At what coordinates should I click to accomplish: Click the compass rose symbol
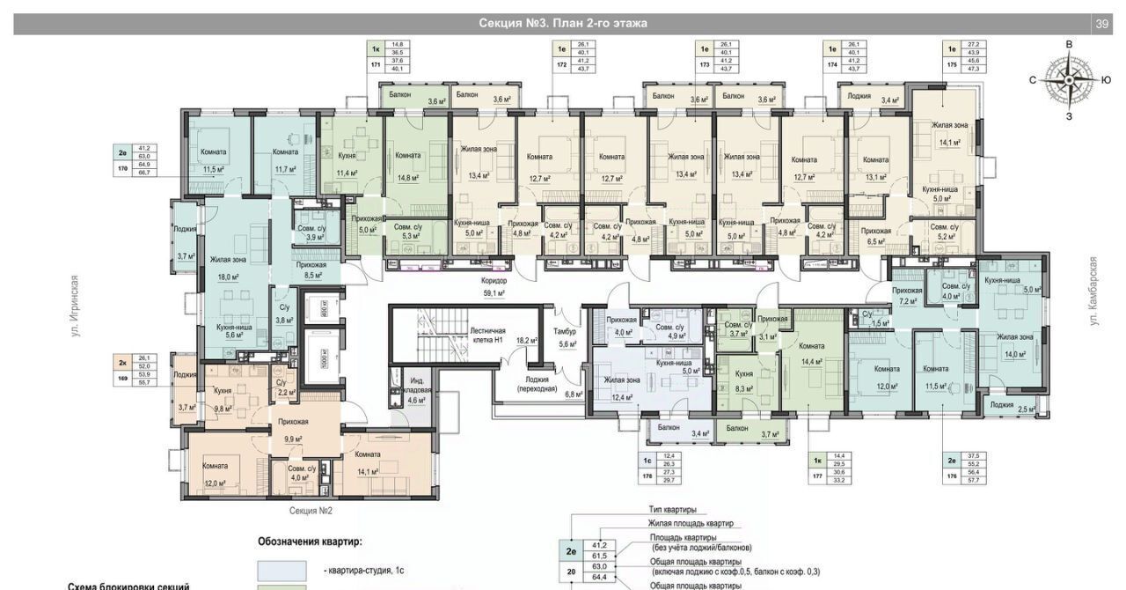click(1069, 79)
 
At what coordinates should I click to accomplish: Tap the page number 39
click(1101, 24)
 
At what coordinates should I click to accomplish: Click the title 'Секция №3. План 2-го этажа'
click(563, 24)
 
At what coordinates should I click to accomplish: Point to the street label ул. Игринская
click(76, 306)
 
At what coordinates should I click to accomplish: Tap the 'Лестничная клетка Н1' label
click(486, 335)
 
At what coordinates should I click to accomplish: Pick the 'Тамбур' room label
click(565, 331)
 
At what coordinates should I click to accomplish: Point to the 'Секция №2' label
click(311, 510)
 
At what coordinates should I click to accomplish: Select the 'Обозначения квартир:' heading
click(310, 542)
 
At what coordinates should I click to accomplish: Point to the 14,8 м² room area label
click(407, 176)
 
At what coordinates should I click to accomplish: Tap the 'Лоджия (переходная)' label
click(536, 382)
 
